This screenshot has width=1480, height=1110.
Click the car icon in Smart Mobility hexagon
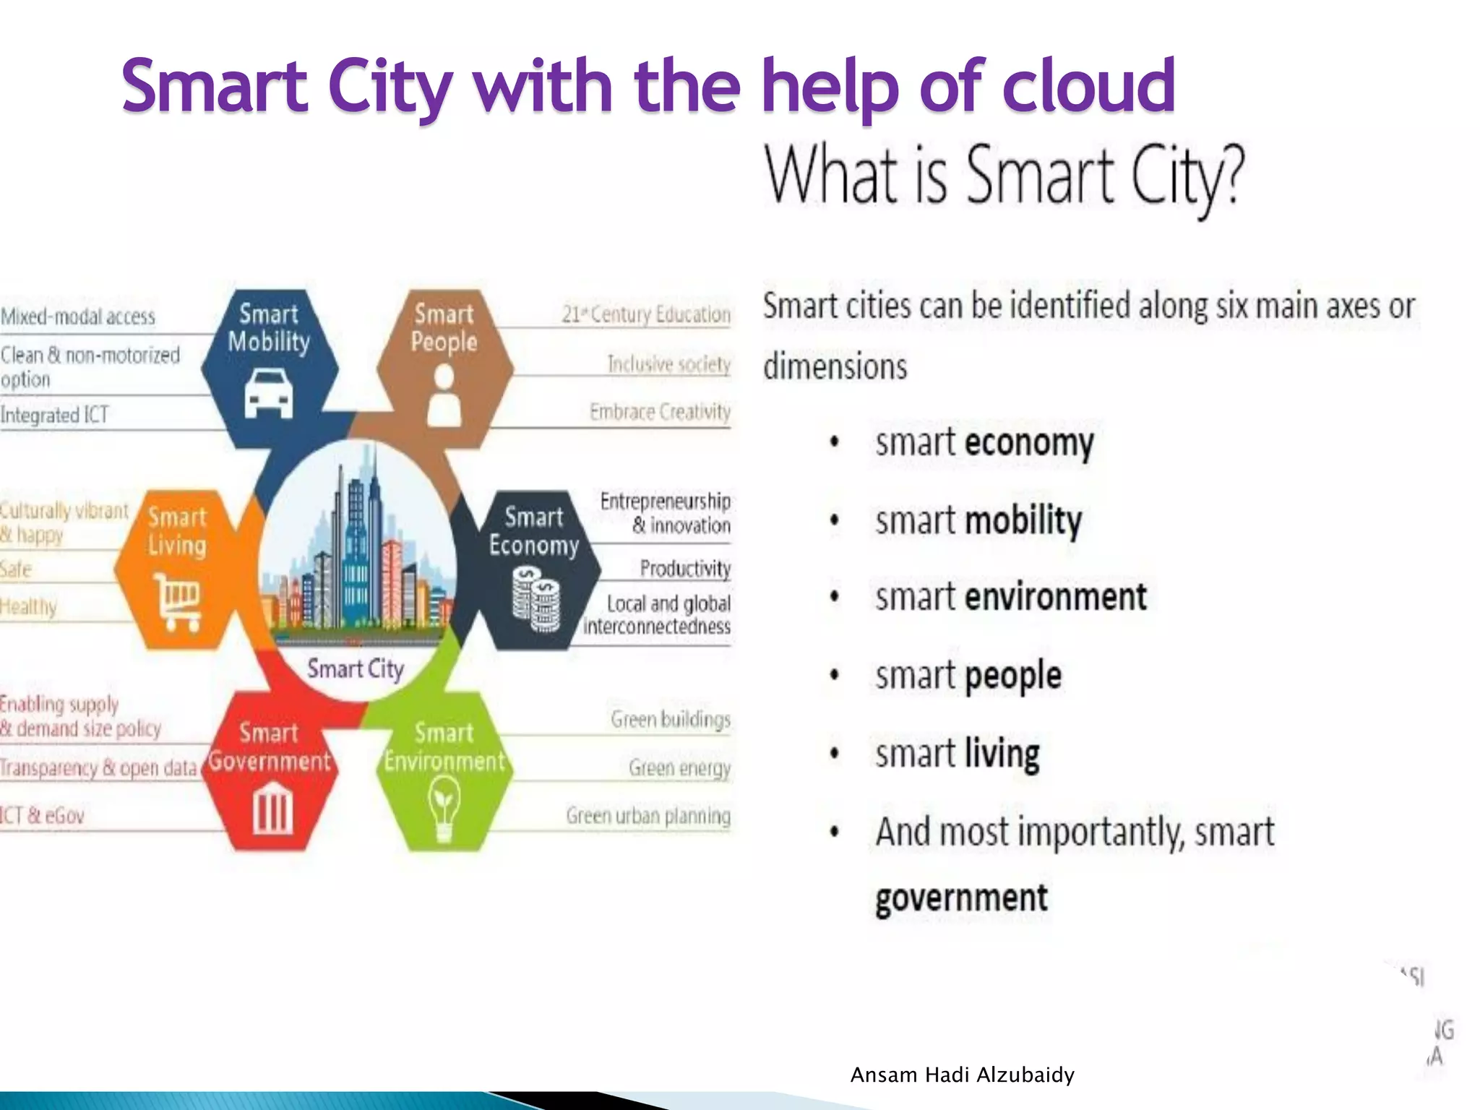coord(268,393)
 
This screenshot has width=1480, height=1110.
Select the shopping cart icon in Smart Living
coord(177,601)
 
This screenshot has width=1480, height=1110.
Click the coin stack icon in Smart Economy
coord(535,599)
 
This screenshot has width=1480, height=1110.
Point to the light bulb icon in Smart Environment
coord(444,810)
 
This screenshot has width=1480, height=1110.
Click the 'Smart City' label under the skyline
coord(356,669)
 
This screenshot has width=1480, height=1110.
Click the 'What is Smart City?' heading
coord(1005,177)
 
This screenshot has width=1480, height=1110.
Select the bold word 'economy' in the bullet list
coord(1030,443)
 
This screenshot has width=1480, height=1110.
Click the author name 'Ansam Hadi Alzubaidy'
coord(962,1075)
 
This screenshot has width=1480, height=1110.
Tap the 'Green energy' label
coord(679,767)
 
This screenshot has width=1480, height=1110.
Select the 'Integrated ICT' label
coord(55,416)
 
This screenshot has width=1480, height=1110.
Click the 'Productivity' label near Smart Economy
coord(685,569)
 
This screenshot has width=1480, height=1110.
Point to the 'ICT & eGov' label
coord(42,816)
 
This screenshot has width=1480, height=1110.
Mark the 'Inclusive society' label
coord(668,364)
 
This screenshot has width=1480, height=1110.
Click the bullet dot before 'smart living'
coord(835,754)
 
